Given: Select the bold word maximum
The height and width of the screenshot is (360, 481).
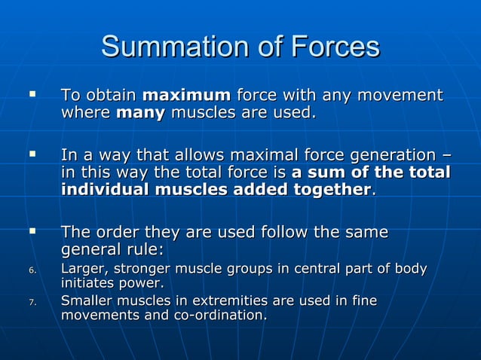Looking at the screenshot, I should (186, 96).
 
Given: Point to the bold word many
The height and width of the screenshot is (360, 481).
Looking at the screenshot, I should (140, 114).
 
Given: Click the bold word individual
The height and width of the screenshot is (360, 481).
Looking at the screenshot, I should (105, 190).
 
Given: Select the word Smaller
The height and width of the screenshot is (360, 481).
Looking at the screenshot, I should (86, 301).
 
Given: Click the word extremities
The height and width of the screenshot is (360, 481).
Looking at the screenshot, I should (229, 301).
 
